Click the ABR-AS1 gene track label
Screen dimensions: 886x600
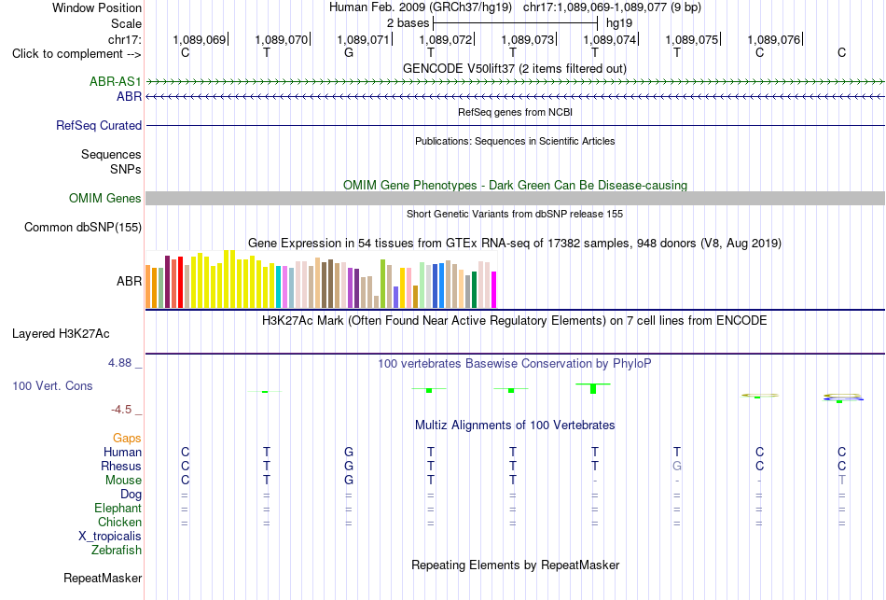[x=116, y=82]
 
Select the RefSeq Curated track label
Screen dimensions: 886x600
[x=99, y=126]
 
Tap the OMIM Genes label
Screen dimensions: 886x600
[x=105, y=199]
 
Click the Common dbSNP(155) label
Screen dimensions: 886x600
[x=83, y=228]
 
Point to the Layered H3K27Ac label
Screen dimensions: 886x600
[x=61, y=334]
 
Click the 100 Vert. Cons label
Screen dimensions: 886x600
[x=52, y=385]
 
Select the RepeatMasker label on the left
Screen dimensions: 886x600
[x=103, y=578]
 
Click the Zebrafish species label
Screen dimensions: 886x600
[x=117, y=550]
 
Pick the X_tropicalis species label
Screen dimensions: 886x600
[x=110, y=537]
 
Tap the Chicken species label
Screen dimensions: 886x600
[x=119, y=522]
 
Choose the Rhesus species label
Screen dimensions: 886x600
[x=121, y=466]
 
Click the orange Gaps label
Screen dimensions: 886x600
[x=127, y=439]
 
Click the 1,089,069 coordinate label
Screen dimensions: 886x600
[x=200, y=39]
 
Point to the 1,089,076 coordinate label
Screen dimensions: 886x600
[x=773, y=39]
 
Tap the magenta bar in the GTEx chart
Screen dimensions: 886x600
[x=494, y=290]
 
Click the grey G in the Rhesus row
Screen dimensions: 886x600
[x=677, y=466]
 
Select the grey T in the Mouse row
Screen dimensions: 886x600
[x=842, y=481]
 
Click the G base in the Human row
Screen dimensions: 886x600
[x=349, y=452]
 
